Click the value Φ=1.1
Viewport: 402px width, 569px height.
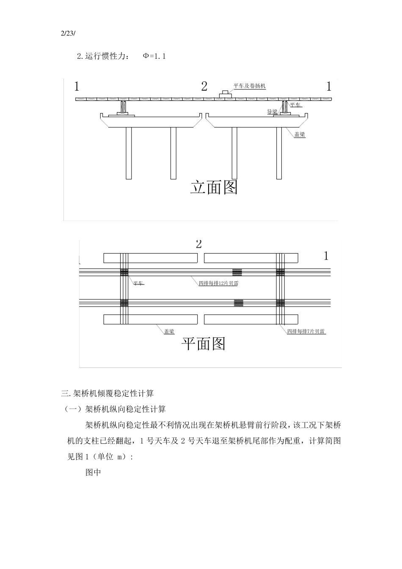click(154, 56)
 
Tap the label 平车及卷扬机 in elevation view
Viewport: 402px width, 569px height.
click(250, 86)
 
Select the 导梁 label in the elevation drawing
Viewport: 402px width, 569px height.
click(272, 112)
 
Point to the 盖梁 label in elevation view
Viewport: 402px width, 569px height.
click(300, 135)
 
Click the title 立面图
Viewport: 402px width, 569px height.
click(214, 187)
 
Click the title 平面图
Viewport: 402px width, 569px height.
click(204, 343)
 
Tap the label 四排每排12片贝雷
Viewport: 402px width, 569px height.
click(218, 283)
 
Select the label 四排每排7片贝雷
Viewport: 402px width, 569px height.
click(306, 331)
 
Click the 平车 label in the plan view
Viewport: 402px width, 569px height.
click(138, 283)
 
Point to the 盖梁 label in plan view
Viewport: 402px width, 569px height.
click(169, 331)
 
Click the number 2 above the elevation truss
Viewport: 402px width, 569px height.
click(204, 87)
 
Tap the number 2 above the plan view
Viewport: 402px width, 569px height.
click(199, 244)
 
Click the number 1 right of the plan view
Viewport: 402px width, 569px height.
click(326, 256)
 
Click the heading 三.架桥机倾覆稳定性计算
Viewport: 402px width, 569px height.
click(107, 393)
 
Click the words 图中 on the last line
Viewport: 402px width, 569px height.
click(93, 472)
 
